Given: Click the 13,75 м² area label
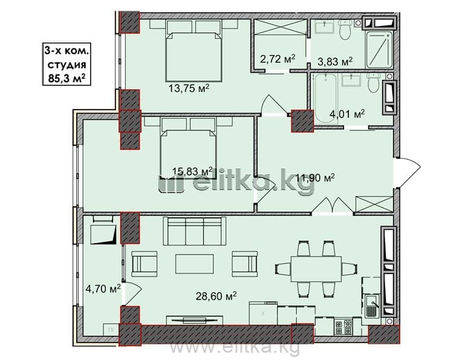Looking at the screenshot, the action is [x=189, y=88].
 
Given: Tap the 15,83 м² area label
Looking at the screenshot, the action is [x=192, y=171].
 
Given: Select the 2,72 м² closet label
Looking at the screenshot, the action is [x=278, y=59].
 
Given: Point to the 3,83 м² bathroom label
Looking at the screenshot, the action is [x=335, y=61].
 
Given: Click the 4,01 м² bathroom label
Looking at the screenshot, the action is [x=347, y=114].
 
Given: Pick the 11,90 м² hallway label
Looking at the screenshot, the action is [x=316, y=178].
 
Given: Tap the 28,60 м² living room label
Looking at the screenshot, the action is [x=216, y=296].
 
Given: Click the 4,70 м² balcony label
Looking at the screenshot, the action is [x=103, y=289].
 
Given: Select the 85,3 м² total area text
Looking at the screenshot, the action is [x=67, y=78].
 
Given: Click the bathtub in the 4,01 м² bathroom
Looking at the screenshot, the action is [x=325, y=99].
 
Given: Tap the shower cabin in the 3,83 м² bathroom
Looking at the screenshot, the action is [x=379, y=50].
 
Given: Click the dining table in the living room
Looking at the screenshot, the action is [x=316, y=269].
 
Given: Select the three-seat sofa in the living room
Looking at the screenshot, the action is [x=194, y=231].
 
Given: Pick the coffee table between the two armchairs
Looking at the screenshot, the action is [x=195, y=264].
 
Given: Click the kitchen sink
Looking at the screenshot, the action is [x=372, y=306].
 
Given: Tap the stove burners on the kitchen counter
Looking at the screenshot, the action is [x=343, y=327].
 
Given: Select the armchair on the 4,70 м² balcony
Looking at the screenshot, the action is [x=103, y=230].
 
